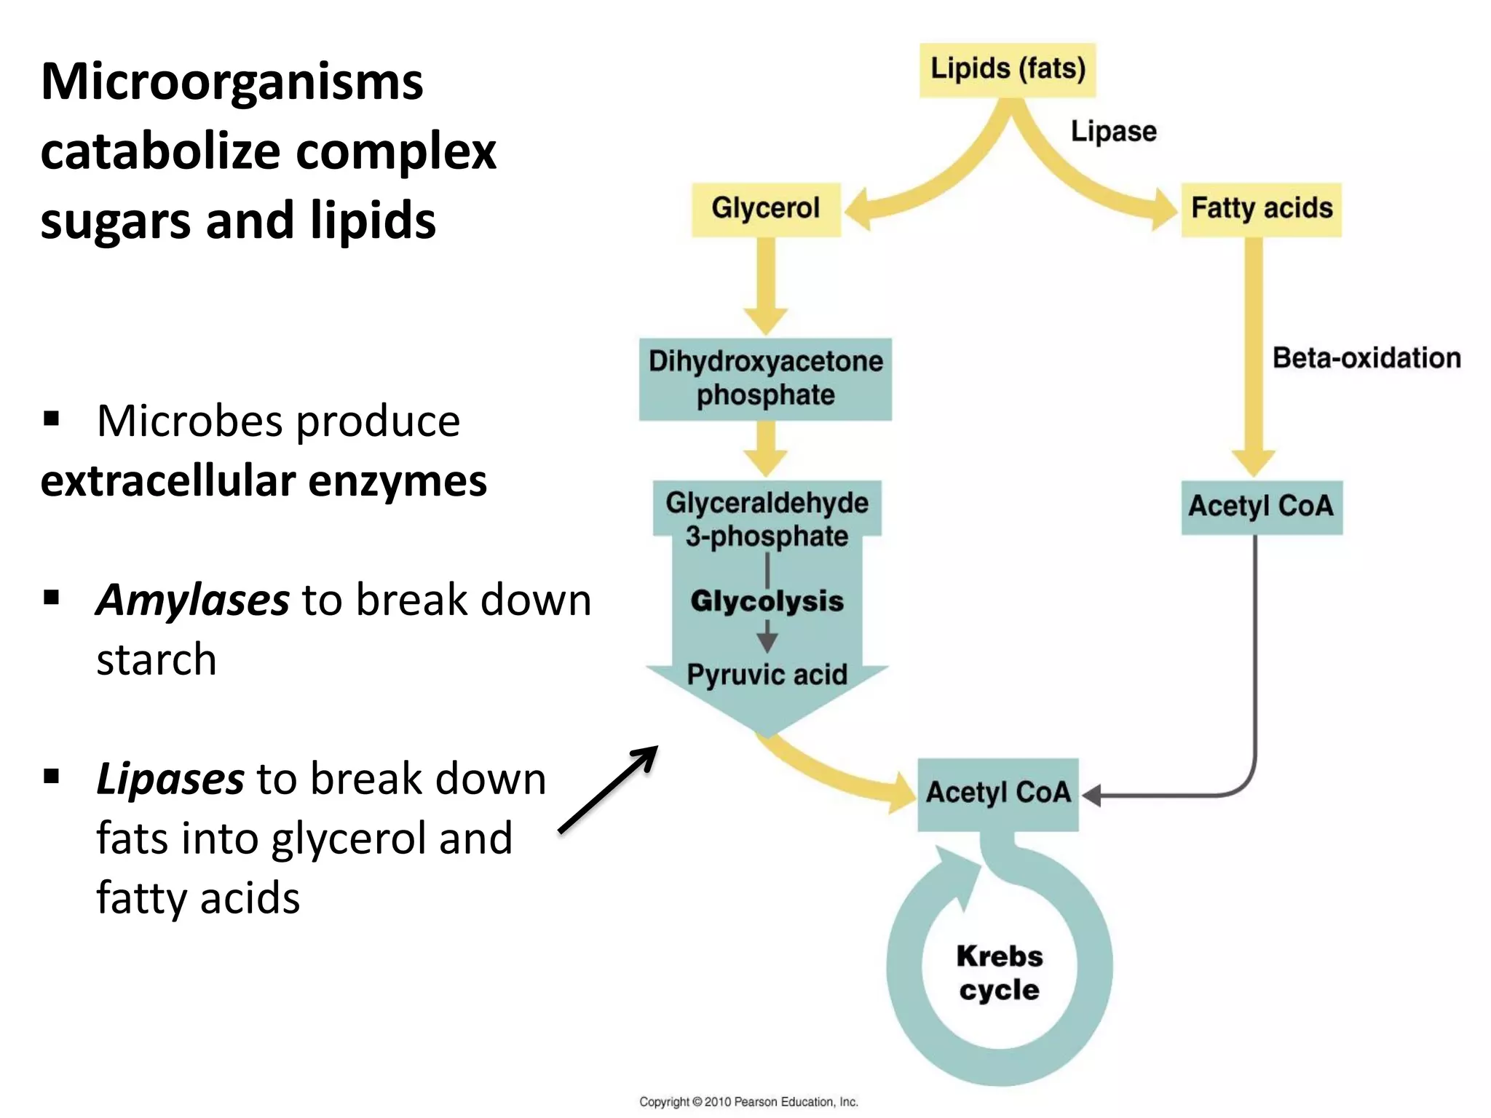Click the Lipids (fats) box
coord(1008,70)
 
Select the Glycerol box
coord(766,209)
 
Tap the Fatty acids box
coord(1261,209)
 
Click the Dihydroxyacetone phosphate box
coord(765,378)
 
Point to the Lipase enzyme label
coord(1113,132)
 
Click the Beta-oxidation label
coord(1366,358)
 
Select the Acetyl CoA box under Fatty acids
coord(1261,507)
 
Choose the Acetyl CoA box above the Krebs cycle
coord(997,793)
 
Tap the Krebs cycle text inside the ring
coord(999,973)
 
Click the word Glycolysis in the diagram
coord(767,601)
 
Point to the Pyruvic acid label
coord(767,675)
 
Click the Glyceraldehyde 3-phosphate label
coord(767,519)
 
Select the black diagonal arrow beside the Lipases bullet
coord(609,789)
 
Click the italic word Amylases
coord(193,600)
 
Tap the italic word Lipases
coord(170,779)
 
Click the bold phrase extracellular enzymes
coord(264,481)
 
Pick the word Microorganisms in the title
coord(232,82)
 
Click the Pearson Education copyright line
coord(748,1102)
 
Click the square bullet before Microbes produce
coord(51,419)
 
